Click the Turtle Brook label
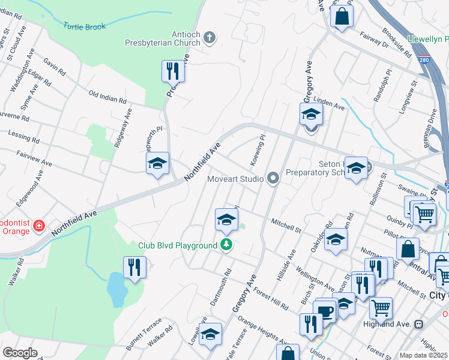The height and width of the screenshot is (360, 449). pyautogui.click(x=85, y=26)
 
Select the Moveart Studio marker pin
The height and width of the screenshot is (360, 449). pyautogui.click(x=274, y=178)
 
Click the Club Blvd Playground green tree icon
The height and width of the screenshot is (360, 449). pyautogui.click(x=226, y=245)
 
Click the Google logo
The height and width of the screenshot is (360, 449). pyautogui.click(x=20, y=353)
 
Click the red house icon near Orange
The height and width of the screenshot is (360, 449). pyautogui.click(x=39, y=226)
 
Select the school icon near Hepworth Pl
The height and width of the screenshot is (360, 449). pyautogui.click(x=157, y=163)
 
